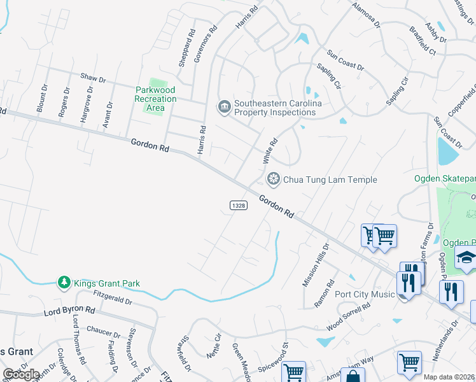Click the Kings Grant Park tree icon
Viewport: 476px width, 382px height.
(x=64, y=283)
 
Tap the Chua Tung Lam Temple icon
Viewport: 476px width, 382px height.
(x=274, y=180)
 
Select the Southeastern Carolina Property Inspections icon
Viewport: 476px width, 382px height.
(x=224, y=106)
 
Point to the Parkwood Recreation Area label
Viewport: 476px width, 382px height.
(x=156, y=99)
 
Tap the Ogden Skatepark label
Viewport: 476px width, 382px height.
(x=444, y=179)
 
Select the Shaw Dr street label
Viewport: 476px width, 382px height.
(x=93, y=78)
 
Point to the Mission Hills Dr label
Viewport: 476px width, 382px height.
(x=316, y=264)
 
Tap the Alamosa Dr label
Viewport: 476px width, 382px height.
(x=366, y=15)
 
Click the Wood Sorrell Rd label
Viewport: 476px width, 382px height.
(x=348, y=316)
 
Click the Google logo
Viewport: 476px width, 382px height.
(x=20, y=374)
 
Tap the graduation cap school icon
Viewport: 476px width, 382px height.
(x=465, y=257)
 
